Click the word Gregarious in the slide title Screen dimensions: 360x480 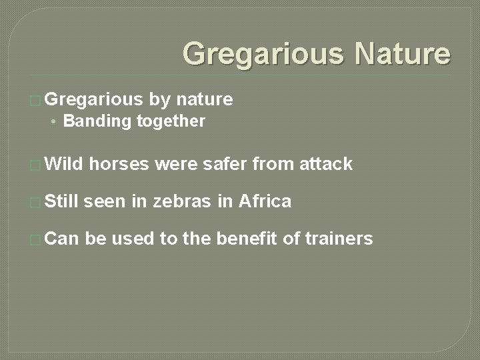pos(262,54)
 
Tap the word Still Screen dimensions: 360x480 pos(63,201)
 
